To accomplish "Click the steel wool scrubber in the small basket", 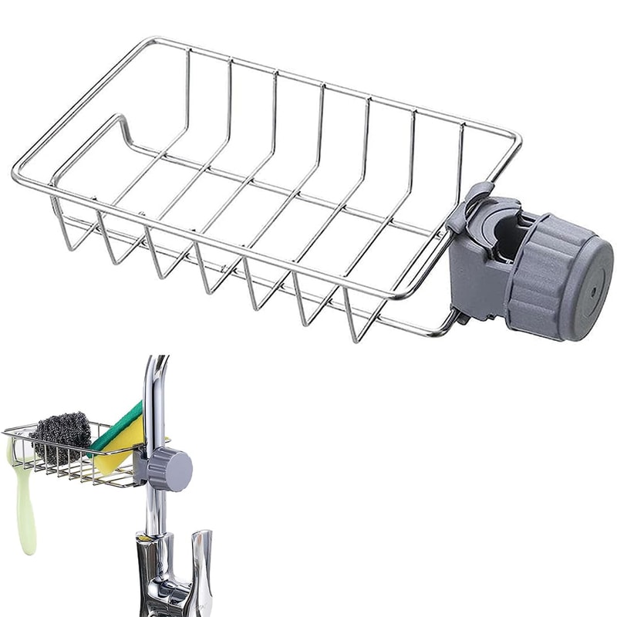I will coord(60,438).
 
